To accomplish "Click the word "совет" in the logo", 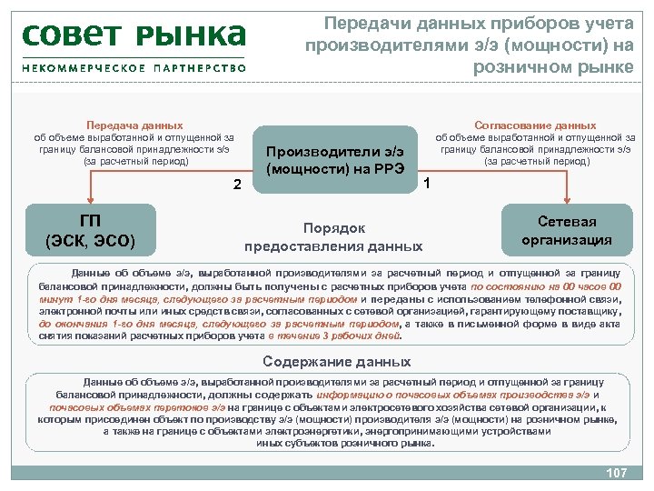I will (x=75, y=36).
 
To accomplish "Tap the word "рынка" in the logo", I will (x=192, y=36).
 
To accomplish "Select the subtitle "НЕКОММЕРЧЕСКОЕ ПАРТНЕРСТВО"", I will (x=134, y=68).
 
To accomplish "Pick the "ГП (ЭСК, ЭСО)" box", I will (x=90, y=231).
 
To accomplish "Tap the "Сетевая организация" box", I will (x=567, y=231).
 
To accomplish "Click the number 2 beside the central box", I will (x=236, y=185).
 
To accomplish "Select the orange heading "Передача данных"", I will (x=134, y=125).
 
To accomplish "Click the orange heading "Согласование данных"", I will (x=535, y=125).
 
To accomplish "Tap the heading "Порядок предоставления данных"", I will (x=333, y=236).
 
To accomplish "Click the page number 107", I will (x=617, y=473).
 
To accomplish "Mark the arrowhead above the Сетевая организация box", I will (x=568, y=203).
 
